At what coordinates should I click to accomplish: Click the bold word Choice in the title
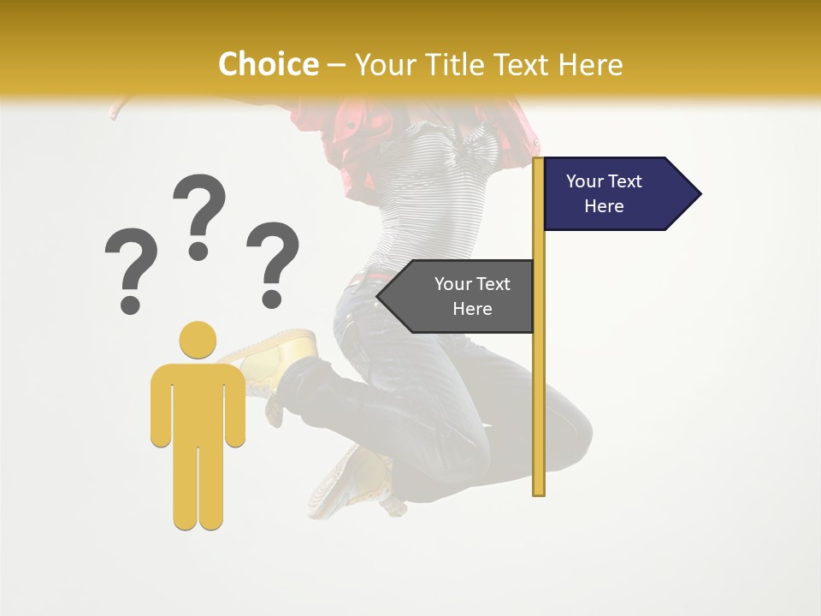pyautogui.click(x=268, y=64)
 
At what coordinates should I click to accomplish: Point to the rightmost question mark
pyautogui.click(x=273, y=264)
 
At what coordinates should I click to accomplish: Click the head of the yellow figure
pyautogui.click(x=198, y=340)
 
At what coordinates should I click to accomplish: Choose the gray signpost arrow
pyautogui.click(x=462, y=296)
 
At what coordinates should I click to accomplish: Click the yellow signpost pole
pyautogui.click(x=539, y=385)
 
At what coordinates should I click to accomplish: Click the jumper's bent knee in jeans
pyautogui.click(x=564, y=428)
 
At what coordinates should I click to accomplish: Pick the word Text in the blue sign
pyautogui.click(x=624, y=181)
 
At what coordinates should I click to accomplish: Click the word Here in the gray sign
pyautogui.click(x=472, y=309)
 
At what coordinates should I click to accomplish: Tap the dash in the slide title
pyautogui.click(x=336, y=65)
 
